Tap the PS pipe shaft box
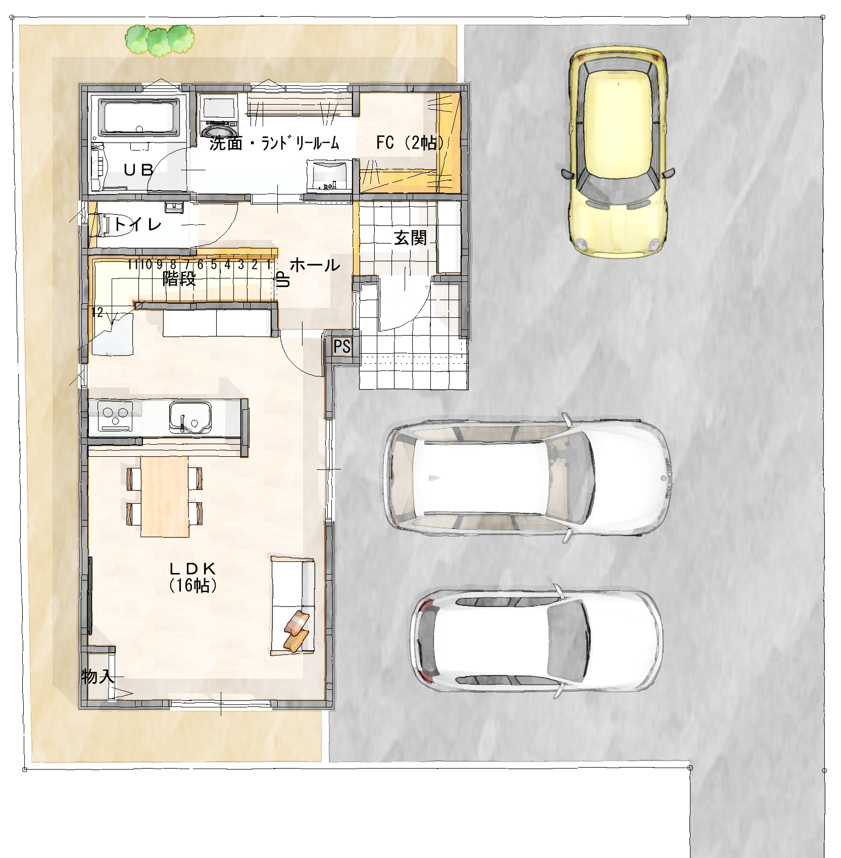pyautogui.click(x=342, y=347)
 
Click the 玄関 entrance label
pyautogui.click(x=411, y=238)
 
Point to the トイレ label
pyautogui.click(x=137, y=224)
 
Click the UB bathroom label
pyautogui.click(x=138, y=170)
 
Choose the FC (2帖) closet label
pyautogui.click(x=410, y=143)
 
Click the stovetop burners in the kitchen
pyautogui.click(x=115, y=415)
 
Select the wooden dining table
pyautogui.click(x=165, y=496)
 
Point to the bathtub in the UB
pyautogui.click(x=139, y=117)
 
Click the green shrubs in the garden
pyautogui.click(x=160, y=39)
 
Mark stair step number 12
pyautogui.click(x=97, y=312)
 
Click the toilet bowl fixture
pyautogui.click(x=100, y=224)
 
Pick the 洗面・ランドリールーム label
pyautogui.click(x=274, y=144)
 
